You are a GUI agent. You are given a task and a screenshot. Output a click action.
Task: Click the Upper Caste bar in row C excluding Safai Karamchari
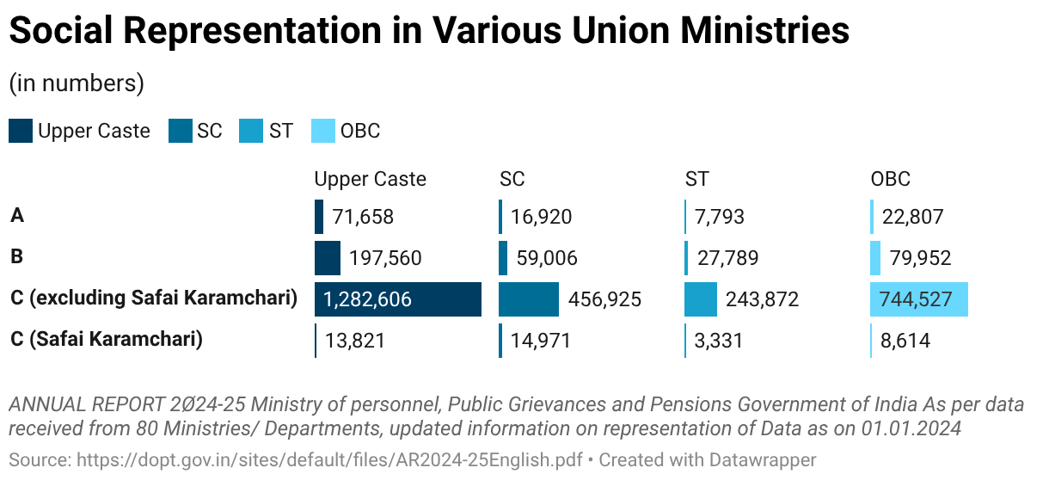pos(397,299)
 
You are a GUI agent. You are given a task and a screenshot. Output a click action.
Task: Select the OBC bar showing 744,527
pos(919,299)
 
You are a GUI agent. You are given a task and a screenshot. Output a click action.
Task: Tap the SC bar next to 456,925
pos(528,299)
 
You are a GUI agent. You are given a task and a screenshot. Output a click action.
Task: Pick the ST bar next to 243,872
pos(700,299)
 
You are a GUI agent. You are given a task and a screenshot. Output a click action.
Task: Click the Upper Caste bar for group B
pos(328,258)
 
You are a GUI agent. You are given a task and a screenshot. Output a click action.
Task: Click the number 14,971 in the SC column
pos(541,341)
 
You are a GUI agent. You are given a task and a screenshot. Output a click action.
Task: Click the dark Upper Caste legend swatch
pos(21,131)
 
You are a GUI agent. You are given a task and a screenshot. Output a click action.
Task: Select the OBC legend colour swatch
pos(323,131)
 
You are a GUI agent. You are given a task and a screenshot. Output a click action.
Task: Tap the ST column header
pos(697,179)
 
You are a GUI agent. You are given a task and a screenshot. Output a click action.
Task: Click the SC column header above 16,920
pos(512,179)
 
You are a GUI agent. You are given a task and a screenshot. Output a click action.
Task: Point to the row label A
pos(17,215)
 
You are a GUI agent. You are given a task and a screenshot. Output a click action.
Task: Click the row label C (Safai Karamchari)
pos(107,339)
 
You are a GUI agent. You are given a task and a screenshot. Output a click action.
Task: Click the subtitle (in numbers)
pos(76,83)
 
